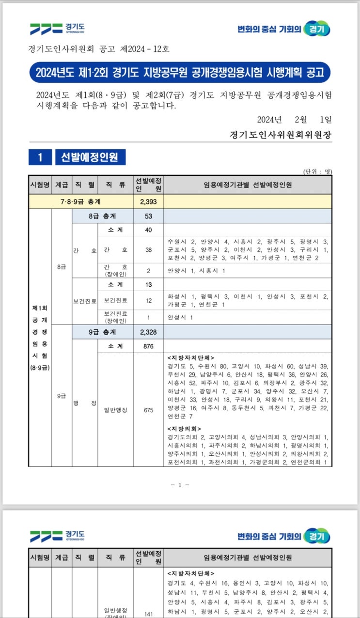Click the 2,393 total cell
[x=148, y=201]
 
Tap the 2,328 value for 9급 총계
[x=148, y=332]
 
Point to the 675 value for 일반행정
[x=148, y=410]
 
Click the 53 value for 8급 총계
[x=148, y=216]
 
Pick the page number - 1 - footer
[x=180, y=485]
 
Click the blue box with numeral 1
[x=41, y=157]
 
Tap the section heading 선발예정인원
[x=90, y=157]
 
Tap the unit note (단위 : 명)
[x=317, y=171]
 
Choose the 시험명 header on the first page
[x=40, y=185]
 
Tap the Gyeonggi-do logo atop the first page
[x=57, y=29]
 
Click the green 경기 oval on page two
[x=317, y=536]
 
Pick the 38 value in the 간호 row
[x=148, y=250]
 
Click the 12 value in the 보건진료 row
[x=148, y=301]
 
